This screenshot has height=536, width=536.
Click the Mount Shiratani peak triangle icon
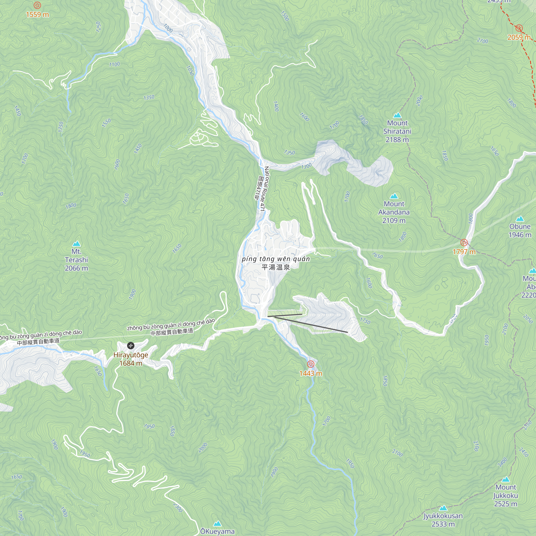click(397, 115)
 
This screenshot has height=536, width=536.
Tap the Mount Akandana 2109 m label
click(394, 212)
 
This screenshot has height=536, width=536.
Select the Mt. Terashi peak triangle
click(76, 244)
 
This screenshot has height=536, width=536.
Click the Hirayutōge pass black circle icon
click(131, 346)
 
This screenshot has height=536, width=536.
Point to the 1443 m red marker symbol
click(311, 364)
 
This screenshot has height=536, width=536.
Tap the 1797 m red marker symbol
click(464, 243)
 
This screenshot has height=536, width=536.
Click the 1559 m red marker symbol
click(37, 5)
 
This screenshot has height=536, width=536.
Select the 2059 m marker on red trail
click(519, 28)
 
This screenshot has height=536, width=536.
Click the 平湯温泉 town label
click(276, 267)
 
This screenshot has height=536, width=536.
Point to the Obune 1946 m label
click(520, 230)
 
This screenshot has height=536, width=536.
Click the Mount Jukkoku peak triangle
click(506, 479)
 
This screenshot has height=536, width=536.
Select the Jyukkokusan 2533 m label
click(443, 520)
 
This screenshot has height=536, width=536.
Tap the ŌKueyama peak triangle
click(217, 523)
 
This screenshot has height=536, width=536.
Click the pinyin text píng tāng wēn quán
click(276, 259)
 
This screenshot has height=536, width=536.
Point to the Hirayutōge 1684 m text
click(131, 359)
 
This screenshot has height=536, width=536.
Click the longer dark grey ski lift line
click(311, 324)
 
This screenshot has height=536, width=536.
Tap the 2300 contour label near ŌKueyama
click(178, 507)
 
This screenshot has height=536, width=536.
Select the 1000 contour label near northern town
click(168, 28)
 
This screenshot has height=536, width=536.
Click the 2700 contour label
click(482, 41)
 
